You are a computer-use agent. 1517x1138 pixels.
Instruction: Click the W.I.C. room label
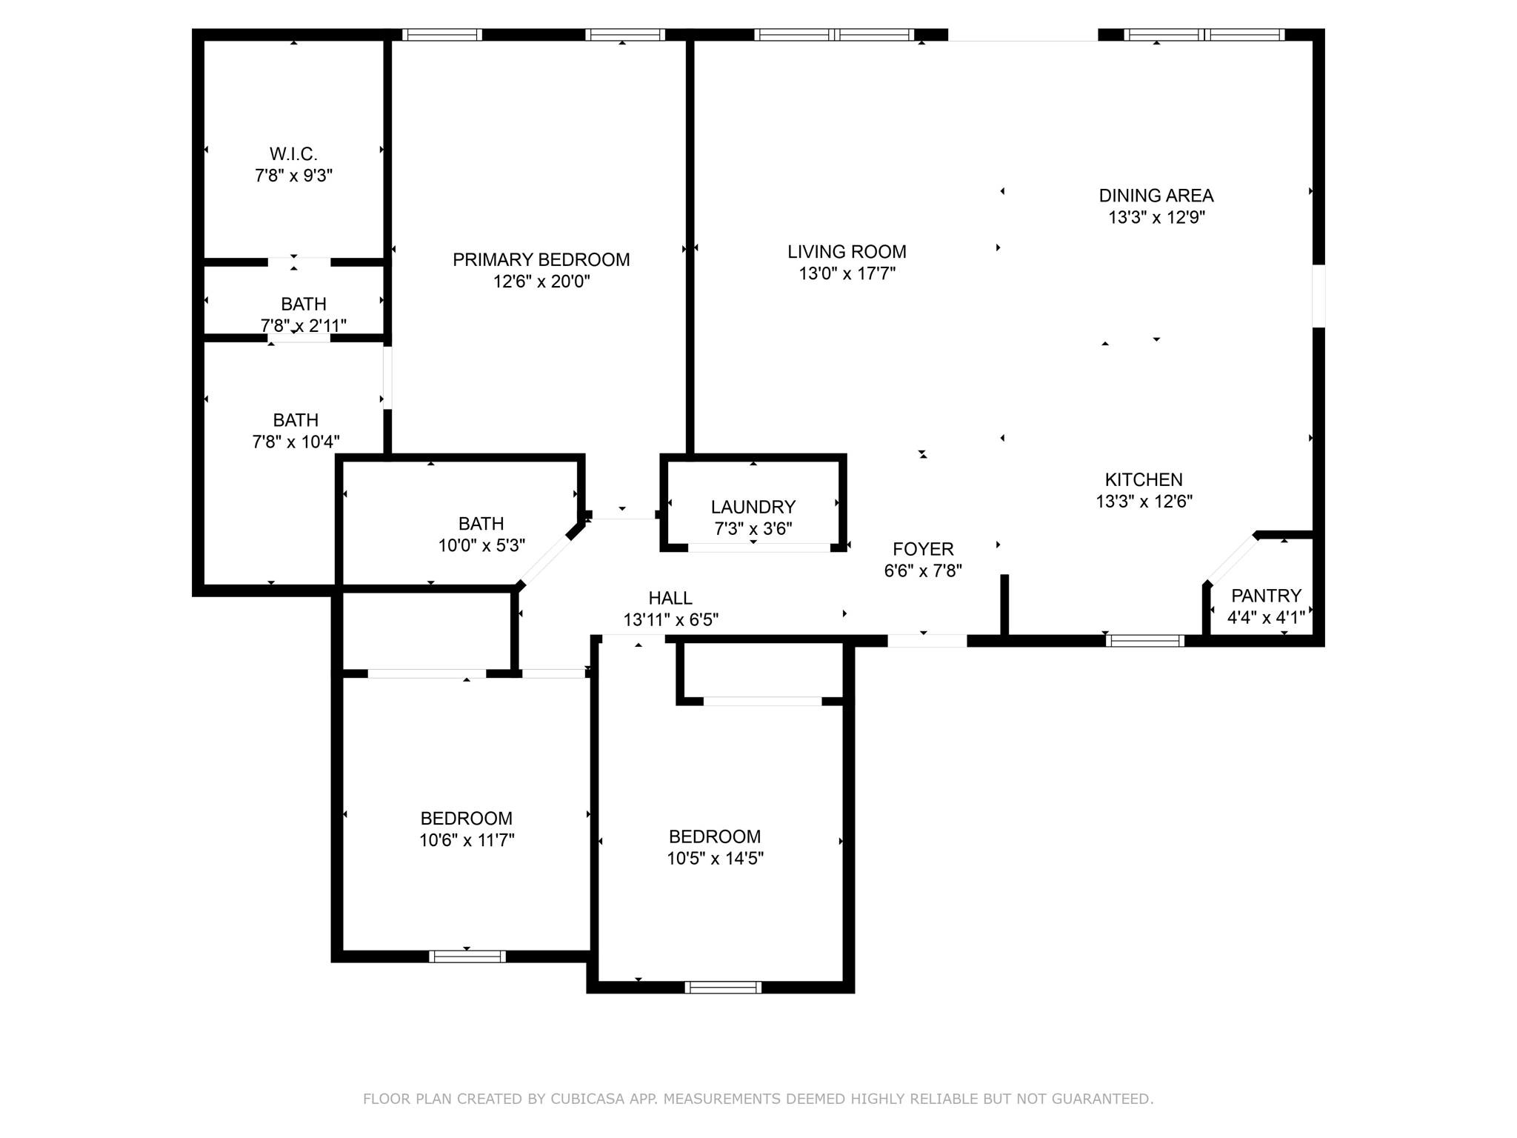pos(293,154)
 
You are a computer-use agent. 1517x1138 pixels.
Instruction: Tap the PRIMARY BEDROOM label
pos(541,259)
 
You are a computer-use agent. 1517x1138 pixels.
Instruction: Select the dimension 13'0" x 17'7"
pos(847,273)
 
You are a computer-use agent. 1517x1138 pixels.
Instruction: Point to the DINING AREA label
pos(1156,196)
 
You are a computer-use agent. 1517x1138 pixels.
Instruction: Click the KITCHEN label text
pos(1144,479)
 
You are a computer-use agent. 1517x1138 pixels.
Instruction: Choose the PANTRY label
pos(1266,596)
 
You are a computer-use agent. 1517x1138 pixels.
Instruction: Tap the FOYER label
pos(923,549)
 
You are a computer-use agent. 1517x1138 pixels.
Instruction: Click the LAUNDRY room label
pos(753,507)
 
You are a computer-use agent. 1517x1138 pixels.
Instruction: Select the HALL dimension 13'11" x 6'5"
pos(670,619)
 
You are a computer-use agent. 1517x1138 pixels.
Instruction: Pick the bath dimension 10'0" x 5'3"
pos(481,545)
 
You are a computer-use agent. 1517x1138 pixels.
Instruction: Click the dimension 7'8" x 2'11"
pos(303,325)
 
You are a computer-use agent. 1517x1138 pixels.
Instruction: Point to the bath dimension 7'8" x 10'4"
pos(296,442)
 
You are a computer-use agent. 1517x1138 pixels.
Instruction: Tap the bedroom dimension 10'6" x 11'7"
pos(467,839)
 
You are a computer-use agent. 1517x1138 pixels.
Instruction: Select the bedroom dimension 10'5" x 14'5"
pos(715,858)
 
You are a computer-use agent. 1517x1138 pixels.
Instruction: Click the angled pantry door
pos(1232,559)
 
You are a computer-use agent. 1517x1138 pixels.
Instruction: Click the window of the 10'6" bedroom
pos(467,956)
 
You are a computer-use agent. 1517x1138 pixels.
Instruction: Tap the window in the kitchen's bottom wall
pos(1144,641)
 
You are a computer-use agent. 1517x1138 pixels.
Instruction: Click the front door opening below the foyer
pos(927,641)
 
